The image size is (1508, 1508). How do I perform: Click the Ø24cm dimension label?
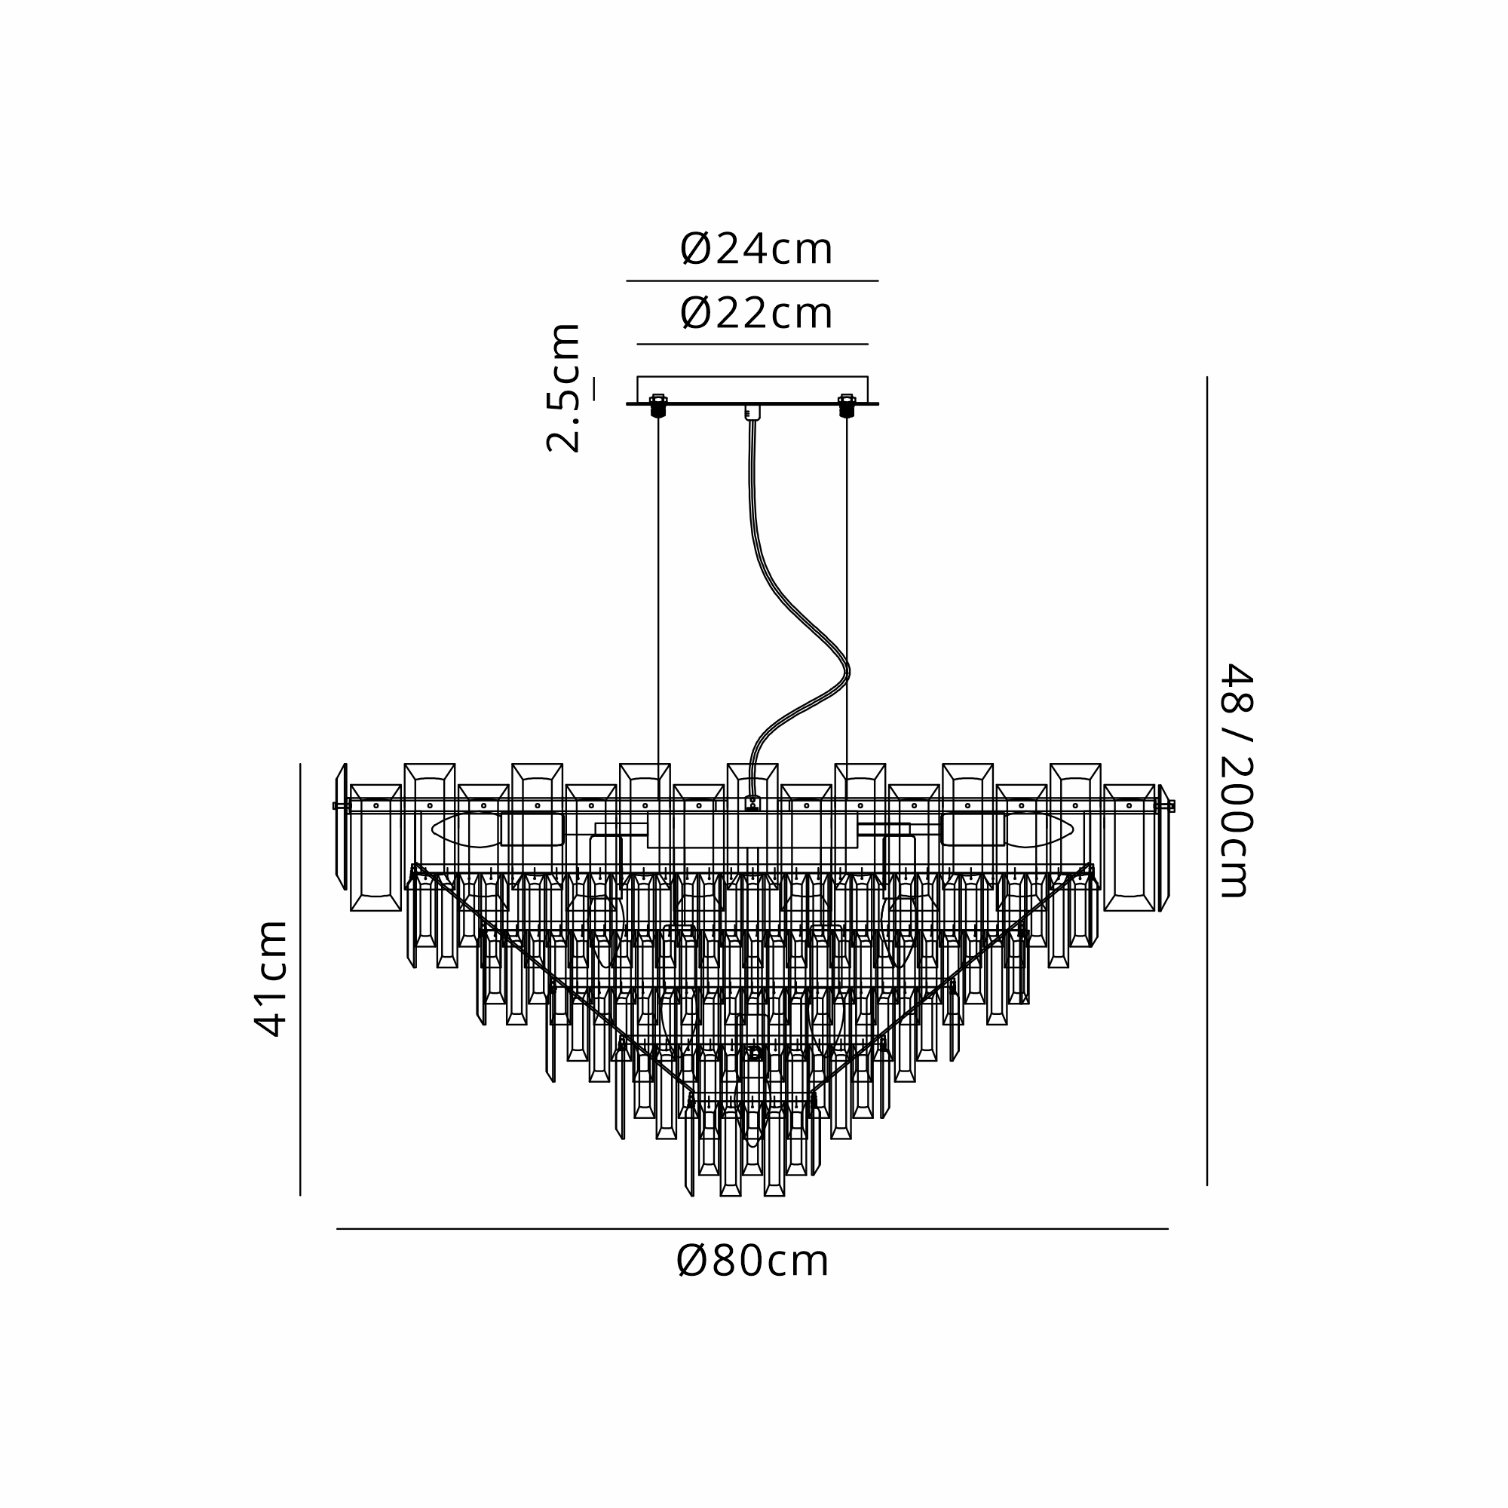756,250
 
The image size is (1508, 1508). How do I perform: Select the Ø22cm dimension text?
756,314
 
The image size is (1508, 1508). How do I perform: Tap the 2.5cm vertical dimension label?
563,388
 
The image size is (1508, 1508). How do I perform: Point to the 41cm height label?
272,979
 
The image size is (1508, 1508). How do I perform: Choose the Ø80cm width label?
752,1261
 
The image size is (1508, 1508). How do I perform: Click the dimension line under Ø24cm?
752,281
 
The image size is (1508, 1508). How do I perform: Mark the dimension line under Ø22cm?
752,345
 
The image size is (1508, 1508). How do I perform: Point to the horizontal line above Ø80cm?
752,1229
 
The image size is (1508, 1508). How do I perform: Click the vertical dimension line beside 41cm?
301,979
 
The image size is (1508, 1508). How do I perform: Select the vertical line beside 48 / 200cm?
1206,780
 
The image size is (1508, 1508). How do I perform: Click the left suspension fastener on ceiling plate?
658,406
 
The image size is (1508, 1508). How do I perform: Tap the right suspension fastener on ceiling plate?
847,406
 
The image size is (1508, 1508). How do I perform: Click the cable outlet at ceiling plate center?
752,413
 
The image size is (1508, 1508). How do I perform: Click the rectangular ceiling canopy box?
752,390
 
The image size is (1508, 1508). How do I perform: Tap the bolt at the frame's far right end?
1169,806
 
